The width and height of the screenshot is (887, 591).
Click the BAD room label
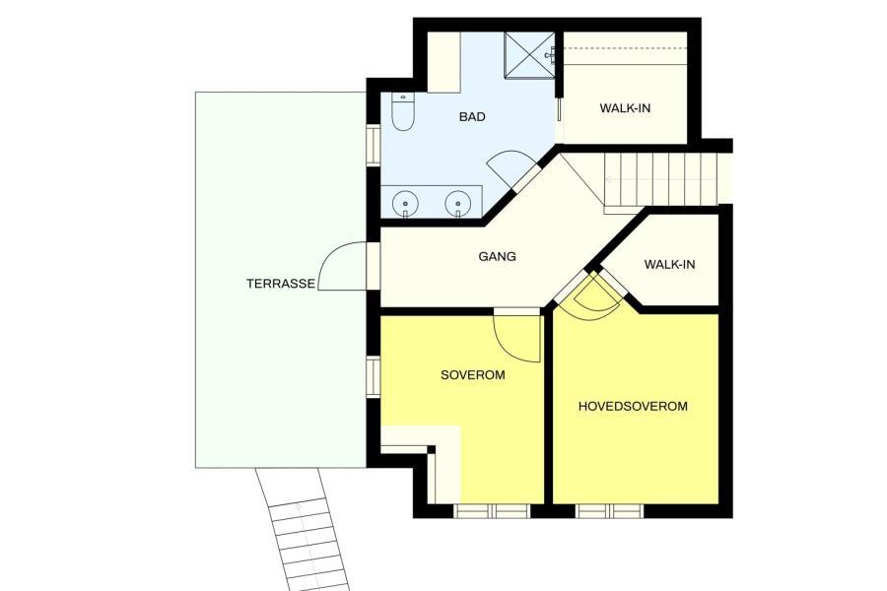(x=472, y=117)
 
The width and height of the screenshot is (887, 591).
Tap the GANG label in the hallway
(x=498, y=257)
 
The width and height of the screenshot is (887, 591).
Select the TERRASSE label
(x=281, y=284)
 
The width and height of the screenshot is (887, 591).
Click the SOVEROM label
(x=473, y=375)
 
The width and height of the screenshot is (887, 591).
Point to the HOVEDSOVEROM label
(x=633, y=406)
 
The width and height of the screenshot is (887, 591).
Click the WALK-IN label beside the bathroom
(x=625, y=108)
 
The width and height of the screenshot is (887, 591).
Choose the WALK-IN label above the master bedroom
(x=670, y=264)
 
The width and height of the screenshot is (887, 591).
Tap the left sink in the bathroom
(x=405, y=203)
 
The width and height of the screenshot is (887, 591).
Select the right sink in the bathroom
(x=457, y=203)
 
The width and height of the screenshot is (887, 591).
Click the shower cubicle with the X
(x=529, y=55)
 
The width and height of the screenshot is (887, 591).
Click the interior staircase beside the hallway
(x=660, y=179)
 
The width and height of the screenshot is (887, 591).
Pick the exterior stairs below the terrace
(x=303, y=529)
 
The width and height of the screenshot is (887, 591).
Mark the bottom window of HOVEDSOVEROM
(x=610, y=511)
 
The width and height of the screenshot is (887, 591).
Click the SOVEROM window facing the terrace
(x=374, y=377)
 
